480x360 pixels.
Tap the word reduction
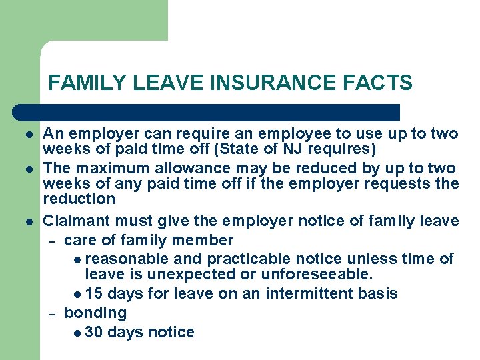79,199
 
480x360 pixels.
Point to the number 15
94,293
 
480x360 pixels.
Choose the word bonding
95,313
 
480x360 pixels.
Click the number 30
94,332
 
